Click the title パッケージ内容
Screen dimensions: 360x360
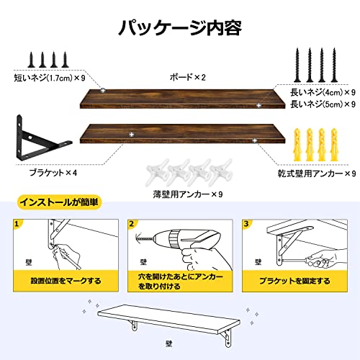180,28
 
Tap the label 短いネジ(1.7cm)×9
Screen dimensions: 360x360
50,78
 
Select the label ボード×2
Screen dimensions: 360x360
188,77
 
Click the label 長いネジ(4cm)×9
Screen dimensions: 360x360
323,92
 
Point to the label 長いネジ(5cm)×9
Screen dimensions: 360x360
323,104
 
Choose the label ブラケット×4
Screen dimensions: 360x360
53,173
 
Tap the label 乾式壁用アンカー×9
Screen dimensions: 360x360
317,174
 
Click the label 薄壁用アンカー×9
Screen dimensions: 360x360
188,194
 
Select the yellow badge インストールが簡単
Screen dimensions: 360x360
59,202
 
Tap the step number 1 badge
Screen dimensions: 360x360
17,224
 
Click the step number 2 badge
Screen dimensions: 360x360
131,224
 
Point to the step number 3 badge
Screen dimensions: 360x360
246,224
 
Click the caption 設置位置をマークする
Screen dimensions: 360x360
66,281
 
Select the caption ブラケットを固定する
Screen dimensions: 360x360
294,281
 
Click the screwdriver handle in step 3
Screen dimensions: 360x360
318,261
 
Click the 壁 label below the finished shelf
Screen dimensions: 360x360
169,343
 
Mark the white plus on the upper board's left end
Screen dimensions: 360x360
103,91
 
